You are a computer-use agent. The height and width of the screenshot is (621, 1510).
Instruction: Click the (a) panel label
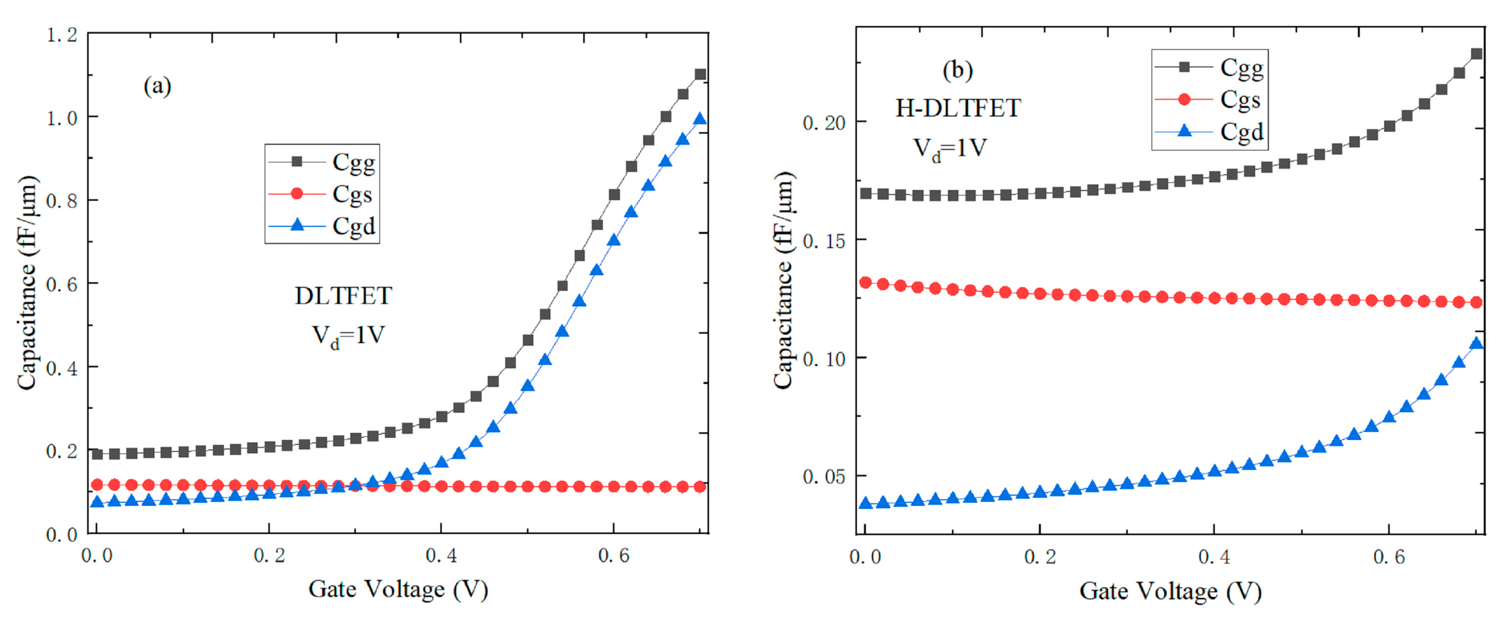[x=157, y=87]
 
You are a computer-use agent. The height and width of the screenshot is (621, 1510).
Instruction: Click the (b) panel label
[x=957, y=70]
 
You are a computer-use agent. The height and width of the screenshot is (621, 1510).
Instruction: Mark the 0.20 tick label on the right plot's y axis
[x=824, y=123]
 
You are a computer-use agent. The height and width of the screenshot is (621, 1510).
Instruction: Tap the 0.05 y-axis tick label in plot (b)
[x=824, y=477]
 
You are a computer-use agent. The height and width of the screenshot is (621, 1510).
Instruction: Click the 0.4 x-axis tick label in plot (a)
[x=441, y=555]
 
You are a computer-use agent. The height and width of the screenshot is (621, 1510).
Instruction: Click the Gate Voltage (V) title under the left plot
[x=398, y=589]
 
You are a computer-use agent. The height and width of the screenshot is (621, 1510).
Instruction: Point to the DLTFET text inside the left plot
[x=344, y=296]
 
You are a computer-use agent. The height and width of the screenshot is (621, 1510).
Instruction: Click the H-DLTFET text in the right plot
[x=958, y=108]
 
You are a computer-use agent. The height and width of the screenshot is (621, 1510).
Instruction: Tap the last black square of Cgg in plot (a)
[x=700, y=74]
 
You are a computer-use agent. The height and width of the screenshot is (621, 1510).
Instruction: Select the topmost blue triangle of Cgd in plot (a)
[x=700, y=120]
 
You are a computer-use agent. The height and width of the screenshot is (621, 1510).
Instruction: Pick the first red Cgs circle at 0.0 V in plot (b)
[x=865, y=283]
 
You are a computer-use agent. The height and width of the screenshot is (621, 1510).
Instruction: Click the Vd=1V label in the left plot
[x=348, y=336]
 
